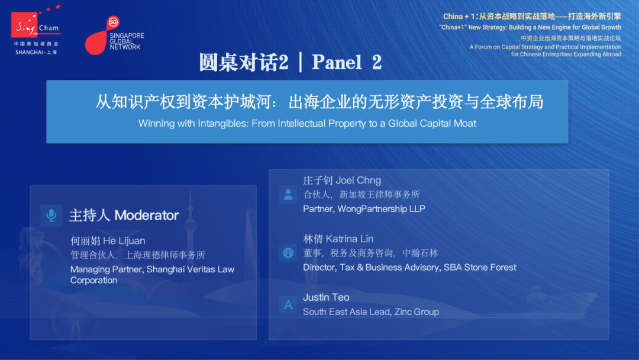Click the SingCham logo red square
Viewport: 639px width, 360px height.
pyautogui.click(x=24, y=24)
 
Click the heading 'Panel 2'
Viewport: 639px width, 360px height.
pyautogui.click(x=347, y=62)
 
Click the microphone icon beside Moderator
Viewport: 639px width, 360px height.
pyautogui.click(x=51, y=216)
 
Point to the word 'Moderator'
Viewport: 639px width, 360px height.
pyautogui.click(x=147, y=216)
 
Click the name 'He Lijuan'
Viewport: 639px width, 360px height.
pyautogui.click(x=124, y=241)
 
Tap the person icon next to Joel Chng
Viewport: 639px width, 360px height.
pyautogui.click(x=288, y=194)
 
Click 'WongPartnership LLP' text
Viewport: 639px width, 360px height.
pyautogui.click(x=381, y=209)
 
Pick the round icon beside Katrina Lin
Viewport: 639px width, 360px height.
pyautogui.click(x=288, y=253)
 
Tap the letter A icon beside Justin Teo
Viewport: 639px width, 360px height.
pyautogui.click(x=288, y=305)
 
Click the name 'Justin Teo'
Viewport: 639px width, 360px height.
pyautogui.click(x=326, y=298)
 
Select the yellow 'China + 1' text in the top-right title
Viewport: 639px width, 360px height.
pyautogui.click(x=459, y=17)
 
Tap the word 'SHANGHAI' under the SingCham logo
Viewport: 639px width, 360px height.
pyautogui.click(x=30, y=53)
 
